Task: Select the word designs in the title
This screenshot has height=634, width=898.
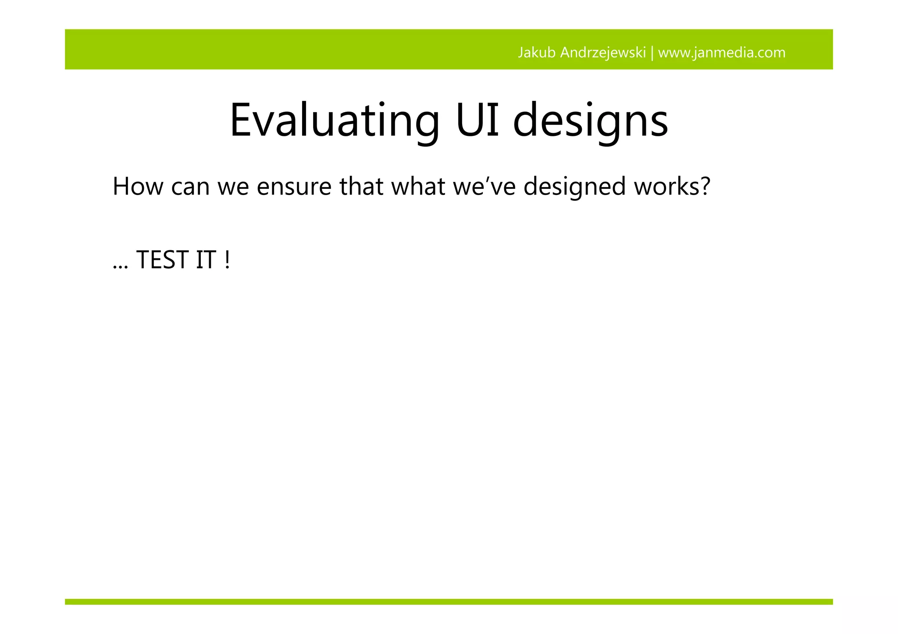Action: (x=590, y=120)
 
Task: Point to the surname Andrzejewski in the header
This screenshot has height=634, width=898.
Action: (x=603, y=53)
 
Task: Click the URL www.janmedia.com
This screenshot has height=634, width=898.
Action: (x=722, y=53)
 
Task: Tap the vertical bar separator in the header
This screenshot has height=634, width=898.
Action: (x=652, y=53)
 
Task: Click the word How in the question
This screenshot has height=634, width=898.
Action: (x=138, y=186)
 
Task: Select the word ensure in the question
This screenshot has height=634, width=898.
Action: (x=294, y=186)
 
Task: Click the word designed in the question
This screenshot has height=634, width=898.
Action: (x=574, y=186)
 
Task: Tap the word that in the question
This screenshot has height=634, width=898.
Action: (x=362, y=186)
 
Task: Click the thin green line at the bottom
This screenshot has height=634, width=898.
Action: (x=449, y=602)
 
